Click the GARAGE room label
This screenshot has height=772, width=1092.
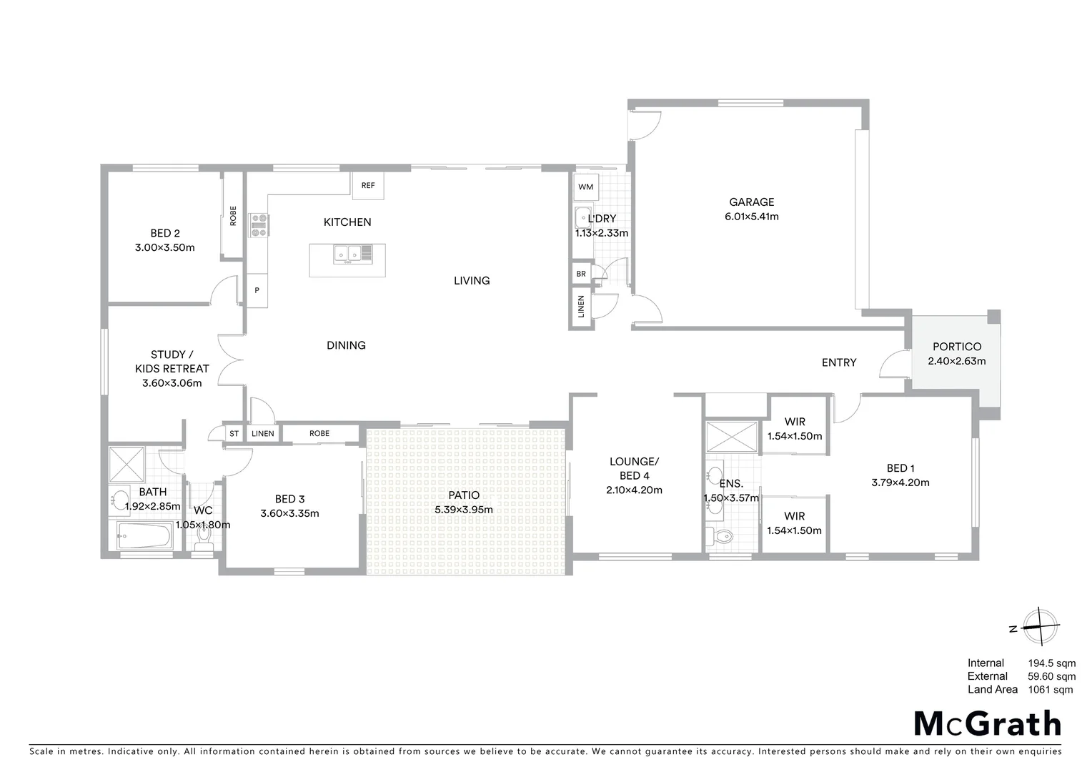[751, 202]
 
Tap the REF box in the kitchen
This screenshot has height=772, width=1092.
[368, 186]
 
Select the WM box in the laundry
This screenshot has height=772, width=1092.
[585, 187]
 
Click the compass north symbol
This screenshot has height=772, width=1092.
[1039, 628]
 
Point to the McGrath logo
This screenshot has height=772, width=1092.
[988, 724]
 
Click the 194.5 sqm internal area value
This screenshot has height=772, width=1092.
[1051, 663]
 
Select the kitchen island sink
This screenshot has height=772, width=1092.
[347, 253]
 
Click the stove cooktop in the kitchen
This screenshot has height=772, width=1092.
[258, 225]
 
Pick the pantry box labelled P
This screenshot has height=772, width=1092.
[257, 291]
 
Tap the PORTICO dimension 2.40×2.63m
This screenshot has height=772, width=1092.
[956, 361]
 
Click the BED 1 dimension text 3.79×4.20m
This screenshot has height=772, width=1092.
[900, 482]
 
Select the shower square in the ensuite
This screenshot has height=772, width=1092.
[731, 437]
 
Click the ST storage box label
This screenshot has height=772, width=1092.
[234, 433]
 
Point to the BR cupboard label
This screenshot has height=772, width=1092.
[581, 274]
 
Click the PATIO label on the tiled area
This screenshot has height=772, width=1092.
[464, 495]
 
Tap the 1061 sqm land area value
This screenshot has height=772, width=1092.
[1050, 690]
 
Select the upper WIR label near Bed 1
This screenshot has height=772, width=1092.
[795, 422]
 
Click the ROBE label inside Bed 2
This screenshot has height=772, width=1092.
[233, 216]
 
